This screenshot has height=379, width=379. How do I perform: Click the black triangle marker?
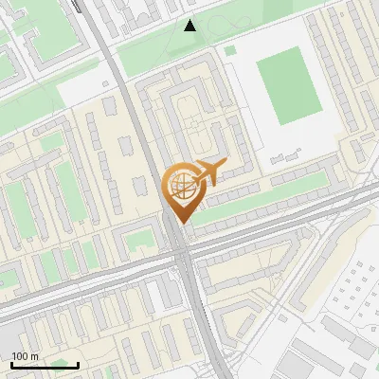tap(190, 26)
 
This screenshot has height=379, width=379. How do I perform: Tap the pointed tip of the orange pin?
tap(180, 222)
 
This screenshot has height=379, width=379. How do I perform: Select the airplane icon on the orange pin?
tap(209, 172)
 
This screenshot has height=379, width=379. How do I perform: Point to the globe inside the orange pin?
tap(180, 185)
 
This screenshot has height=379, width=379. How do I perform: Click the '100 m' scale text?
tap(26, 356)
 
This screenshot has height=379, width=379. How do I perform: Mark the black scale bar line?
tap(45, 365)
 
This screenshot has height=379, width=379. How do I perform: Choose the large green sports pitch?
tap(288, 86)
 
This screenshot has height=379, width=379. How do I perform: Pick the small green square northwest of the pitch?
tap(230, 50)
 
